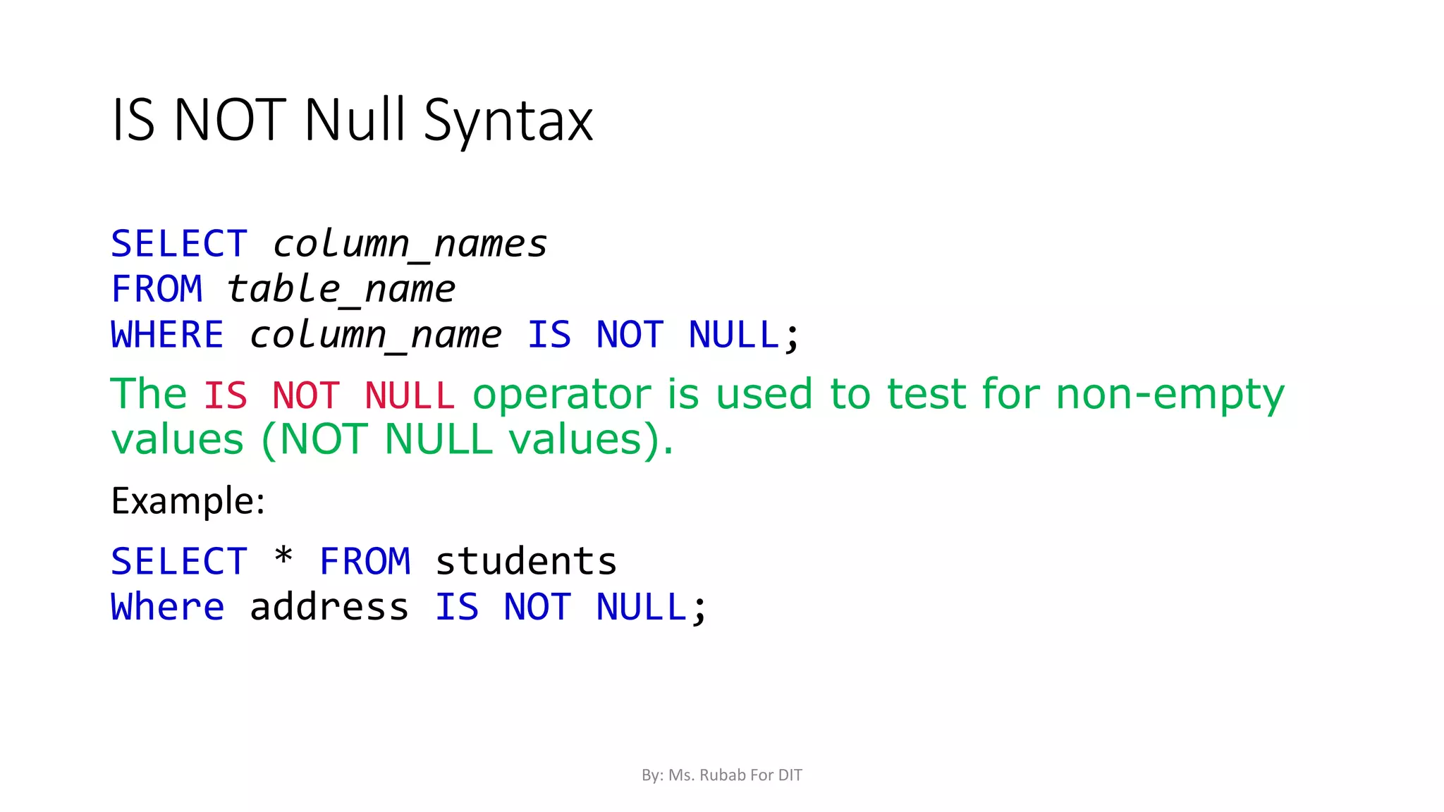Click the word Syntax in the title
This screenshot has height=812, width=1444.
point(508,121)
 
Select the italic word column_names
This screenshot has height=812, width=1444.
point(410,245)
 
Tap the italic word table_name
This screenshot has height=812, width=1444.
point(341,290)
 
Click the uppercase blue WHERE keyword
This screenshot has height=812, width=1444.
point(167,335)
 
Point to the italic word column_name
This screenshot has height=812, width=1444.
point(375,335)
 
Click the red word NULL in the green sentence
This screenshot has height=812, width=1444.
point(410,395)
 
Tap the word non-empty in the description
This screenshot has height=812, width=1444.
point(1170,395)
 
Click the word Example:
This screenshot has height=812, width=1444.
point(188,501)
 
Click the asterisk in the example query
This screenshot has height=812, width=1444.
point(283,558)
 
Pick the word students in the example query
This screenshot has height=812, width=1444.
point(526,562)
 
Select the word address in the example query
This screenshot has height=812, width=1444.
point(329,608)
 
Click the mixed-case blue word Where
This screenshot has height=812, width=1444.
point(167,608)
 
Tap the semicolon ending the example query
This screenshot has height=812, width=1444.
point(699,610)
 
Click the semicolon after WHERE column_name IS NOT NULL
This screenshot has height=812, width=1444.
point(793,338)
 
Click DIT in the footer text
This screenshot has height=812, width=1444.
point(790,775)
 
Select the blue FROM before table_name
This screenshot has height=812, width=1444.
point(157,290)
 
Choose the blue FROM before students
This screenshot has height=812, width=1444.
point(365,562)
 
